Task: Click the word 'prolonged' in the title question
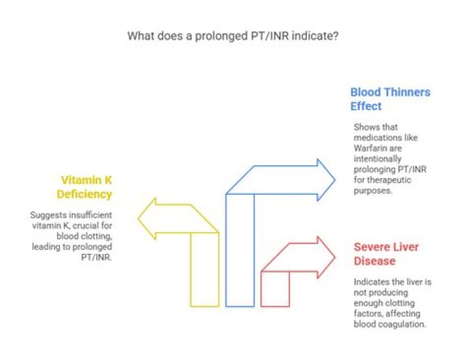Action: (x=220, y=36)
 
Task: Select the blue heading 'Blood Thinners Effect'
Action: (x=390, y=99)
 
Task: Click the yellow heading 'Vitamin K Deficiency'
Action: (x=84, y=187)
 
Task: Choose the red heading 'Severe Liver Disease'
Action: (x=386, y=254)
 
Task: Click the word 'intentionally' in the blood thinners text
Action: (x=377, y=159)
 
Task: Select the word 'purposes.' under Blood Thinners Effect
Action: (x=373, y=190)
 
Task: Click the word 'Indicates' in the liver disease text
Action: (x=367, y=282)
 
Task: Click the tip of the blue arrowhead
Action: (x=335, y=180)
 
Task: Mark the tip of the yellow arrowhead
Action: (x=138, y=218)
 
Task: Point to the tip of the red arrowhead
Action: (x=335, y=258)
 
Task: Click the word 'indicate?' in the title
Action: (x=315, y=36)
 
